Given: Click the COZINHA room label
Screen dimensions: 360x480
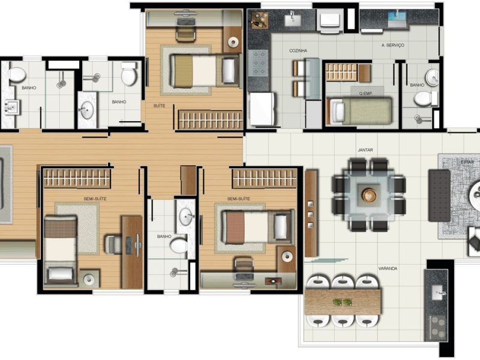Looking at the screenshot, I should click(298, 51).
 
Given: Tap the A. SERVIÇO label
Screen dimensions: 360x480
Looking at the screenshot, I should click(393, 46).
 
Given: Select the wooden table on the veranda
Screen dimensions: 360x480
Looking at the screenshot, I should click(343, 301).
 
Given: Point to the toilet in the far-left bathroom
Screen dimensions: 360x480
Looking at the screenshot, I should click(17, 74).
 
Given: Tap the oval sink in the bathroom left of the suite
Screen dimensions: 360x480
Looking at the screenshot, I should click(87, 110).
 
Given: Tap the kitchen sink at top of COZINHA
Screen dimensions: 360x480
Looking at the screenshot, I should click(293, 19).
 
